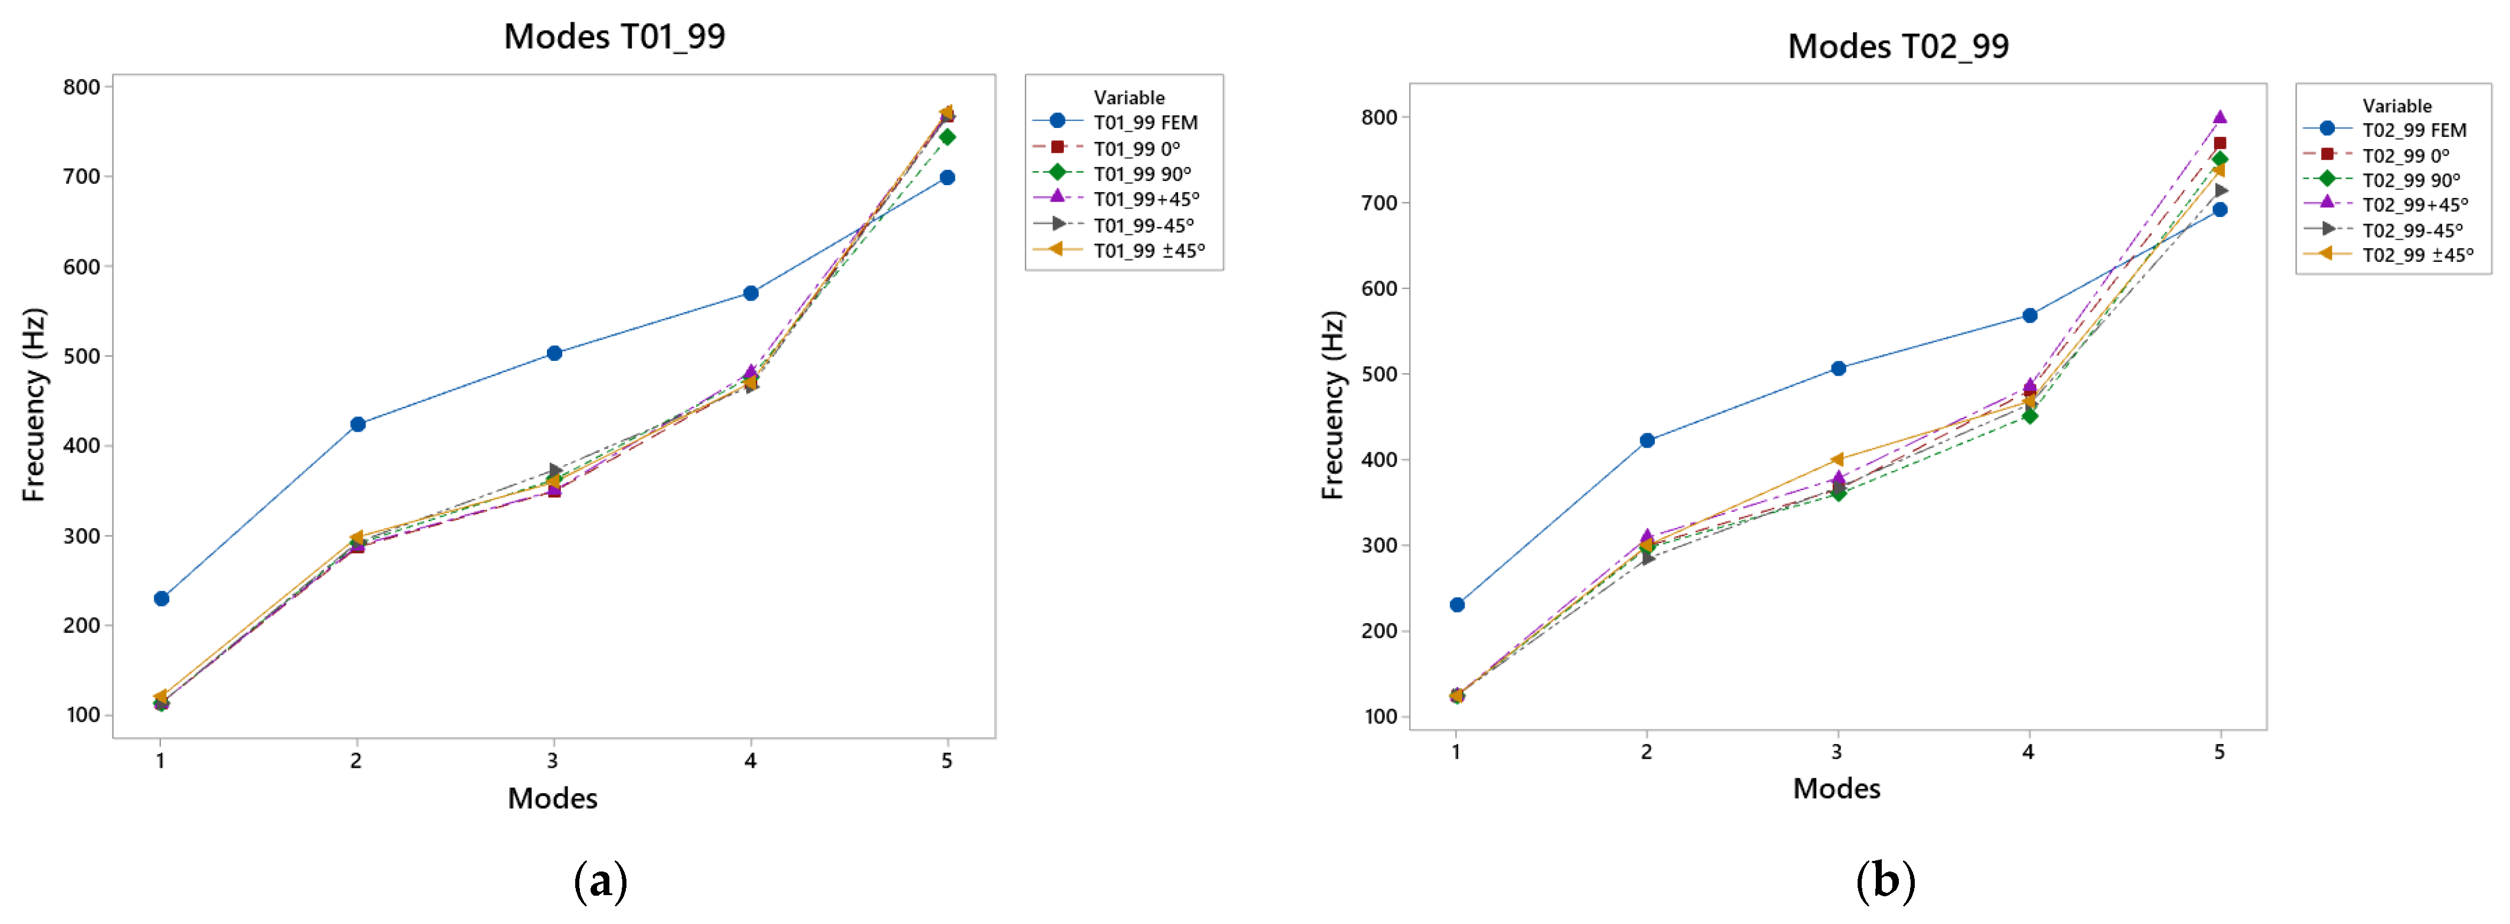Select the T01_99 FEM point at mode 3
pos(555,353)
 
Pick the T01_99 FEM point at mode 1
pos(161,599)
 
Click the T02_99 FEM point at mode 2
pos(1647,440)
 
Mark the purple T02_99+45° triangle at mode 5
pos(2219,117)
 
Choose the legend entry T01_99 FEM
pos(1145,123)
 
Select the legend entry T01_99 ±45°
pos(1149,251)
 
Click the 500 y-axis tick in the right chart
pos(1380,374)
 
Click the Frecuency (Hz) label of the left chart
pos(34,405)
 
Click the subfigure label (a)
pos(600,881)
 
